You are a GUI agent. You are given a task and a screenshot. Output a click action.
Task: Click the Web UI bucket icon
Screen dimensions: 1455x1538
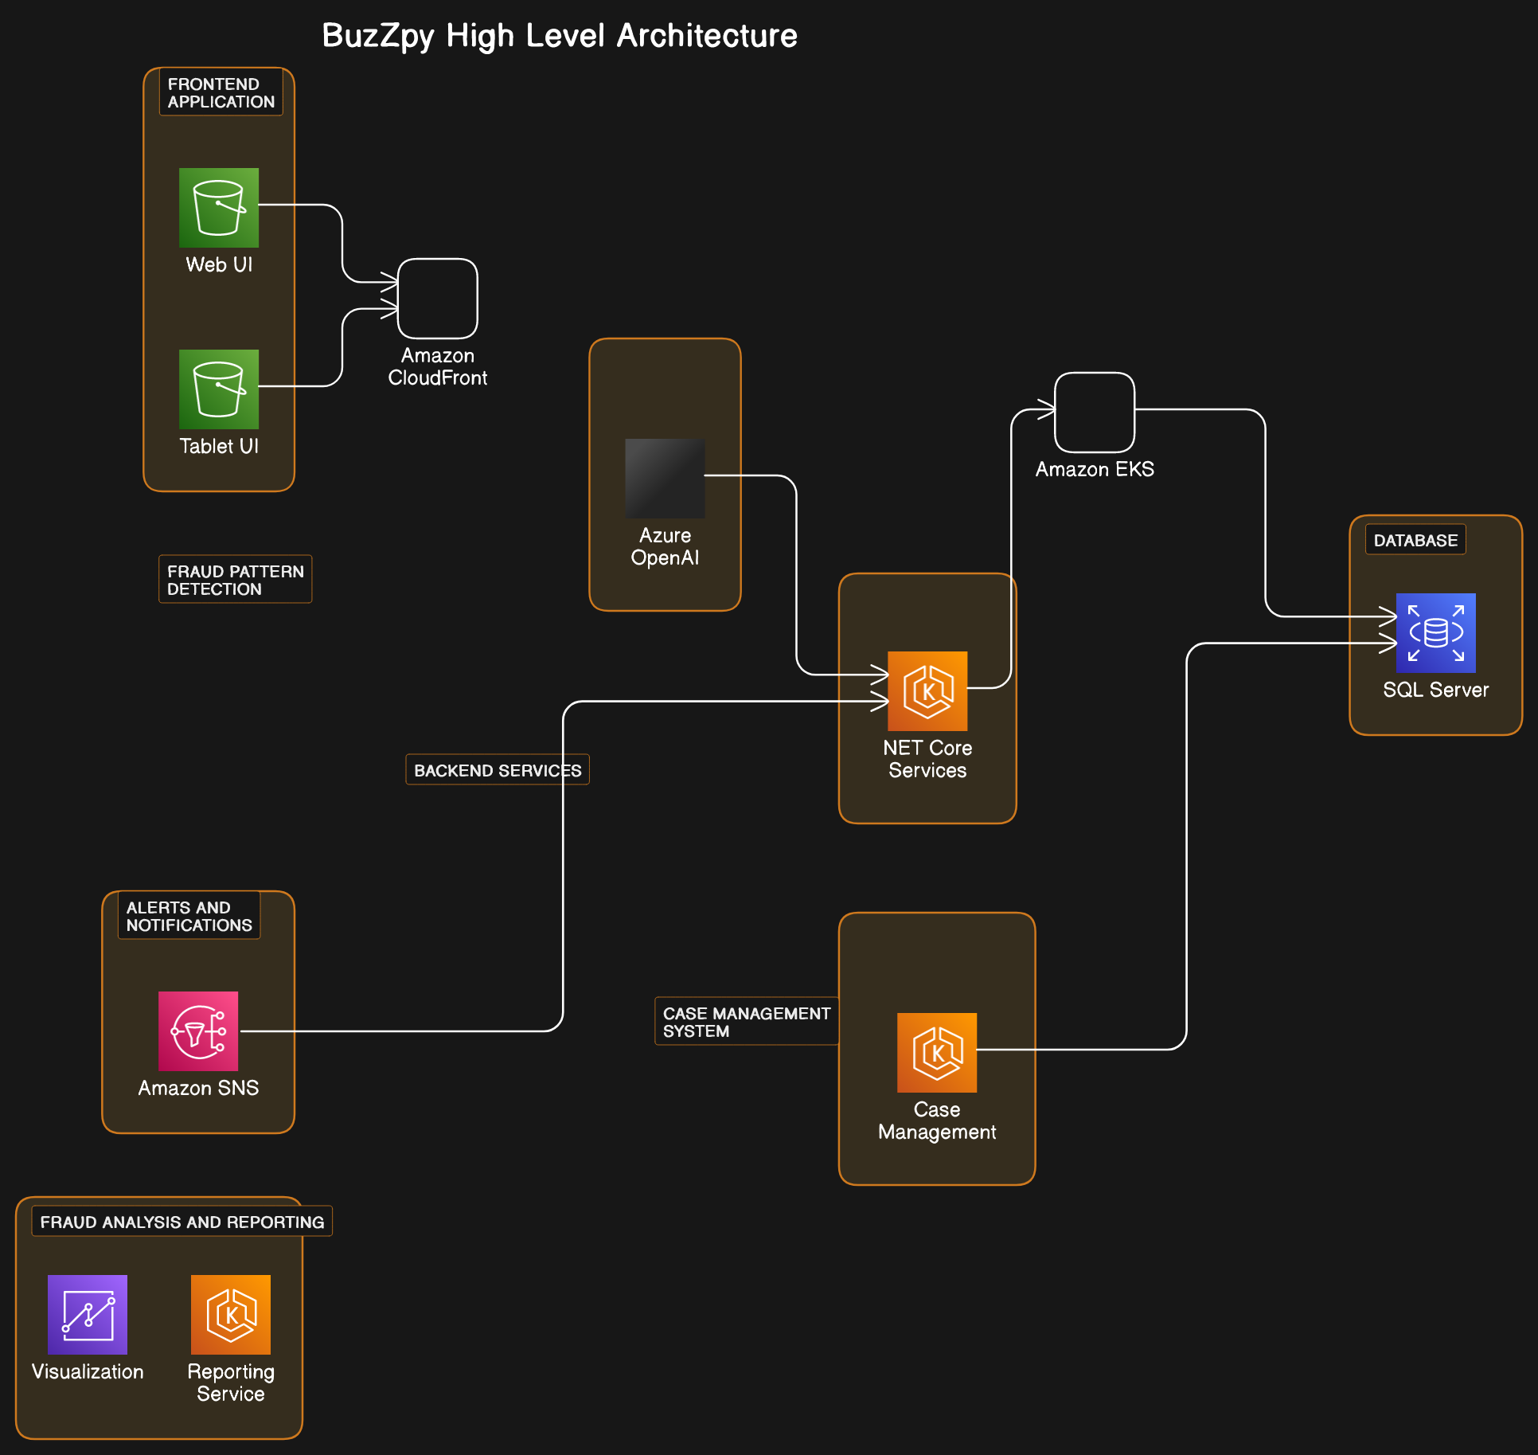pyautogui.click(x=219, y=208)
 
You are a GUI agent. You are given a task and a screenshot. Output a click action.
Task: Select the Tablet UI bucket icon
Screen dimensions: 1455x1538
pyautogui.click(x=219, y=389)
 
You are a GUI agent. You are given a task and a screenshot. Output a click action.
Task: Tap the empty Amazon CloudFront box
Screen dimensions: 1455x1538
pyautogui.click(x=438, y=299)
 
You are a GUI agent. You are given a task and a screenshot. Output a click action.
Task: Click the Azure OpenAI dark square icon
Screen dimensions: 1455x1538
pyautogui.click(x=665, y=479)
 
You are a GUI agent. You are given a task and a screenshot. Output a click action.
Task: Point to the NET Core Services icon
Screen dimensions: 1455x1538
pyautogui.click(x=927, y=691)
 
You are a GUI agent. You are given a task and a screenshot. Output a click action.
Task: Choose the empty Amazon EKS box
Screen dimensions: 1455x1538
pyautogui.click(x=1095, y=413)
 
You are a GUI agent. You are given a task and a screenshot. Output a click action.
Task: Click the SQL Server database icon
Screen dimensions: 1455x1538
pyautogui.click(x=1435, y=633)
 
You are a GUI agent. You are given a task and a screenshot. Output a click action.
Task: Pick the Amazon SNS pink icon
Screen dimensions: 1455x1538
pyautogui.click(x=198, y=1031)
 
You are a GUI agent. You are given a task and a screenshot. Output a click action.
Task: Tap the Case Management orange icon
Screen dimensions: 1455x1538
pyautogui.click(x=937, y=1053)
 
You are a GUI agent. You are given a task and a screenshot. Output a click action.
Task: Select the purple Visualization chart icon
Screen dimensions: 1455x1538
pyautogui.click(x=88, y=1315)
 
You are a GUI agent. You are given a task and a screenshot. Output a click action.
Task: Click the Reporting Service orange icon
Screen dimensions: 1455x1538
pyautogui.click(x=231, y=1315)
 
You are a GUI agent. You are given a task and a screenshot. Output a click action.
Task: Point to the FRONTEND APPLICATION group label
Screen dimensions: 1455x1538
pyautogui.click(x=221, y=93)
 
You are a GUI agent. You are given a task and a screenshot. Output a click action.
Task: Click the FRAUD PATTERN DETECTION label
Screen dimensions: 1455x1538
pyautogui.click(x=235, y=580)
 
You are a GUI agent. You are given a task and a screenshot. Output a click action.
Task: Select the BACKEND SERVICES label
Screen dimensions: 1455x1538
pyautogui.click(x=498, y=770)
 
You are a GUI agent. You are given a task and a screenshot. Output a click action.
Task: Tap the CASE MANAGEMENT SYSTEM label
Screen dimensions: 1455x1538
pyautogui.click(x=746, y=1022)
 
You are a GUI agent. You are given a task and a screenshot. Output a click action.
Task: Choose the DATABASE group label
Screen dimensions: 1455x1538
pyautogui.click(x=1415, y=540)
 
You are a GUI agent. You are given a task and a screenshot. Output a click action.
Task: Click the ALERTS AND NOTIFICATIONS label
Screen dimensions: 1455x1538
pyautogui.click(x=189, y=916)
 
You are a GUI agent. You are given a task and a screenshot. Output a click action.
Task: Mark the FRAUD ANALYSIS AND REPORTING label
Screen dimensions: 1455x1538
pyautogui.click(x=182, y=1222)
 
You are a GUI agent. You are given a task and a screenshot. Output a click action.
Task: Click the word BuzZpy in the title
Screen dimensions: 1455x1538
pyautogui.click(x=378, y=36)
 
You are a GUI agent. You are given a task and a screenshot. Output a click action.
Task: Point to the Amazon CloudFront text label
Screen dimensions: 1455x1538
pyautogui.click(x=438, y=366)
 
